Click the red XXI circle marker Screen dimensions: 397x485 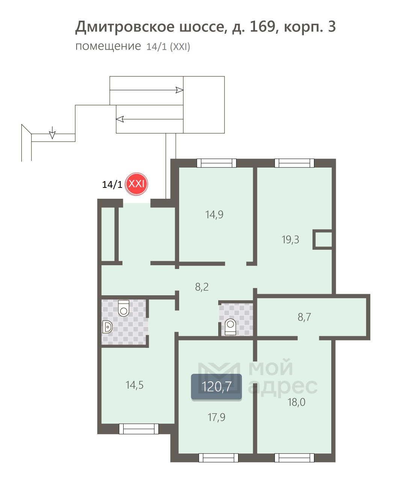136,184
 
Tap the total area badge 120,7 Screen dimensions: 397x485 216,387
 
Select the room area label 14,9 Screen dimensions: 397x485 214,215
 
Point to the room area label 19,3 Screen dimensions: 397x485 290,240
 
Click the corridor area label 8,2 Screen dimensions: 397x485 202,287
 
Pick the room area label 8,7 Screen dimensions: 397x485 304,317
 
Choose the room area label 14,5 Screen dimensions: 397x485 134,385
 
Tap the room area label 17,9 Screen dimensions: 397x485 216,417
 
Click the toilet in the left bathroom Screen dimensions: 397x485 124,308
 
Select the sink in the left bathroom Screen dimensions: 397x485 107,327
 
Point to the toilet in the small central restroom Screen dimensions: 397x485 230,327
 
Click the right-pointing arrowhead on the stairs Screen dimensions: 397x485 179,90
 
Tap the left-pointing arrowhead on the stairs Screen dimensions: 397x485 120,119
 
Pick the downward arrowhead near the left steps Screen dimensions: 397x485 53,135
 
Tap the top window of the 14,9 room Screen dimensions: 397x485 217,163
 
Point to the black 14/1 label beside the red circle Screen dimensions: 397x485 112,184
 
